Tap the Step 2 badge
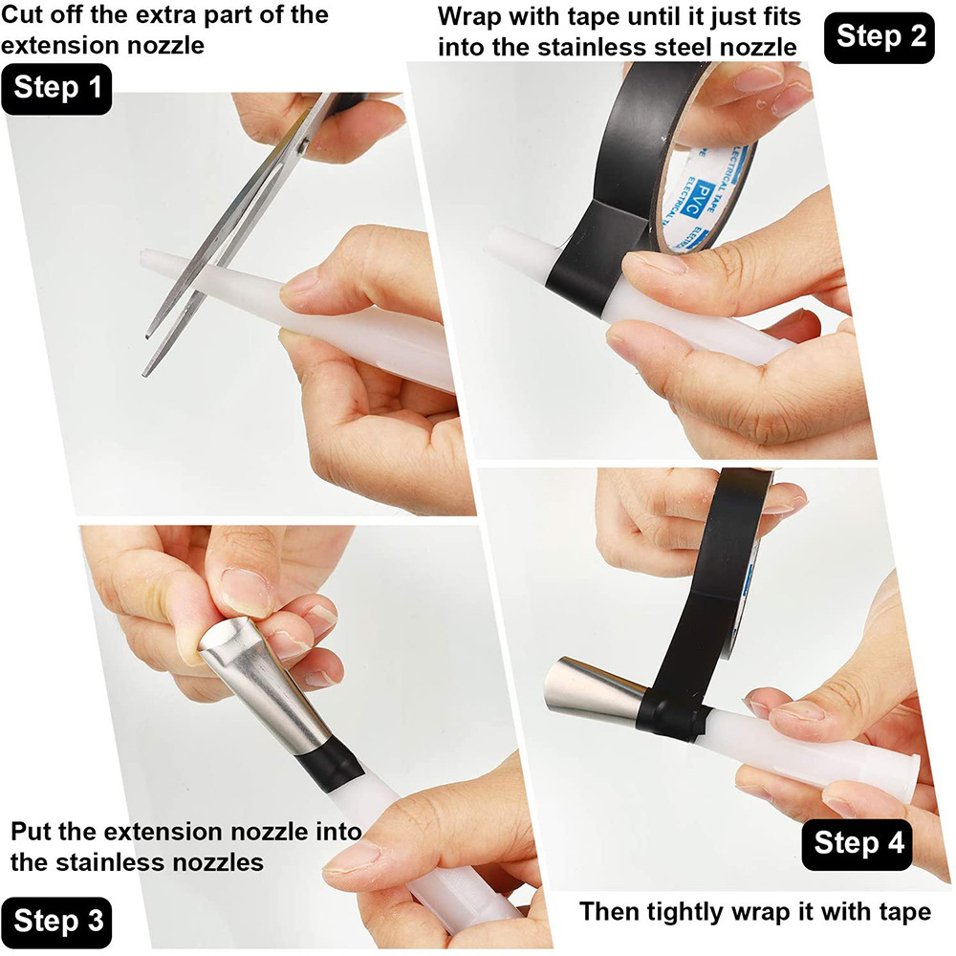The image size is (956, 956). [x=880, y=36]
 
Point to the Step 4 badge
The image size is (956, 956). [x=858, y=843]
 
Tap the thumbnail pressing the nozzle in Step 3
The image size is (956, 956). [x=240, y=592]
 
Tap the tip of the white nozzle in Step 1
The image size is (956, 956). [x=146, y=259]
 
